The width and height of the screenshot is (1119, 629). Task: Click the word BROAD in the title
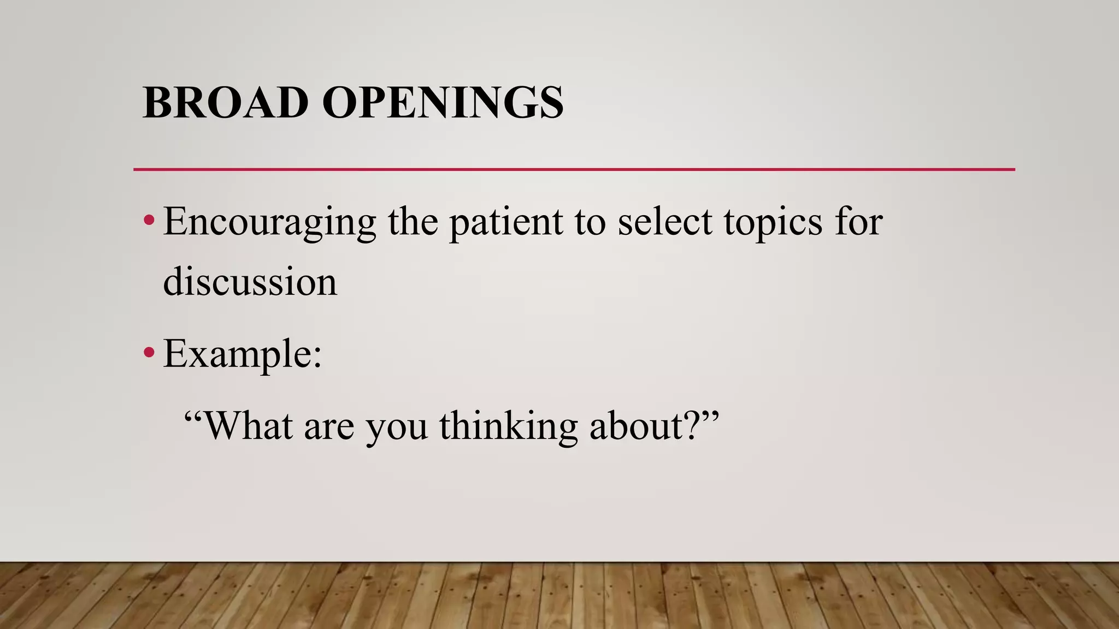(x=225, y=103)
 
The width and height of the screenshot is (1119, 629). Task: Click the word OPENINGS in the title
(x=443, y=103)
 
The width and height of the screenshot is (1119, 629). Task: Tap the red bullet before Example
(x=149, y=353)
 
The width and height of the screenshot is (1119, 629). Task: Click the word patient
(x=506, y=223)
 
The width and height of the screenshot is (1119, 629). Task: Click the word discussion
(x=250, y=282)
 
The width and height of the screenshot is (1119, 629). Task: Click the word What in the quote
(x=248, y=425)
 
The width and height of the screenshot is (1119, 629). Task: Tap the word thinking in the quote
(x=508, y=426)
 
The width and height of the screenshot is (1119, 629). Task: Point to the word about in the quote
(x=636, y=425)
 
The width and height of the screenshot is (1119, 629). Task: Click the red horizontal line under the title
(x=574, y=169)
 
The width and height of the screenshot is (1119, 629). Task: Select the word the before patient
(x=413, y=222)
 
